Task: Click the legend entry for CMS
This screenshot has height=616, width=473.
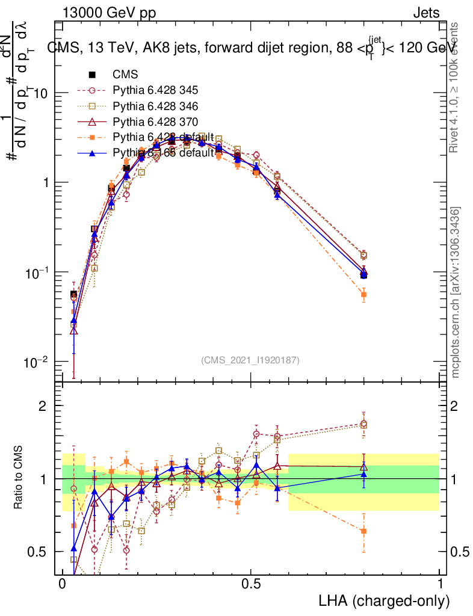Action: tap(125, 75)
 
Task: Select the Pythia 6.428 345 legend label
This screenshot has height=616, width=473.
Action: tap(155, 91)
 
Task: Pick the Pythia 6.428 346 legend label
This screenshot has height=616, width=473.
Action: tap(155, 106)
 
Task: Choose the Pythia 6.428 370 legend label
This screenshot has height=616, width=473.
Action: tap(155, 122)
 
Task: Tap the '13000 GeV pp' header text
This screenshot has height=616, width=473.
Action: tap(109, 13)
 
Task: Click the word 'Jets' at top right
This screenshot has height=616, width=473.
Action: tap(426, 13)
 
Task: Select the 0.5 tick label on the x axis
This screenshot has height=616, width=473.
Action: tap(250, 584)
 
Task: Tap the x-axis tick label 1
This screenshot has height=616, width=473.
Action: tap(440, 584)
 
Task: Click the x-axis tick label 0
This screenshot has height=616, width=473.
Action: tap(62, 584)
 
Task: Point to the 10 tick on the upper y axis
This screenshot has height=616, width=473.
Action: tap(42, 93)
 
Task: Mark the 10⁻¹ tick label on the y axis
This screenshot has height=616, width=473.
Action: tap(38, 272)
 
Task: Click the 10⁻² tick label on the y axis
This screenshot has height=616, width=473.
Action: tap(38, 362)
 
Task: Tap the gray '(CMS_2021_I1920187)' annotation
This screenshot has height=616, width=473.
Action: tap(250, 360)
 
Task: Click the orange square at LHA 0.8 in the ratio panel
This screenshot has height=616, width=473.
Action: tap(363, 531)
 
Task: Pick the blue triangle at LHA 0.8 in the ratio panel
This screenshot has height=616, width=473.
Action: tap(363, 474)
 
